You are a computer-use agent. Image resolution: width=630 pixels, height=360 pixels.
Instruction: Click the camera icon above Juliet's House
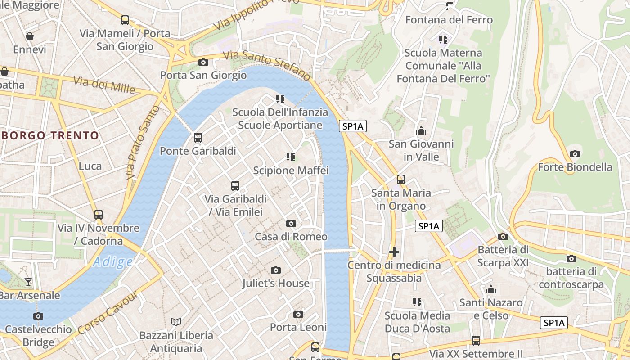(276, 270)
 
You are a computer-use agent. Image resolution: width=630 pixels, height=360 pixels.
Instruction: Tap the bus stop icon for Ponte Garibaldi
(198, 138)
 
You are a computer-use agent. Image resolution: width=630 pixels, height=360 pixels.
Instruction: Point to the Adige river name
(113, 262)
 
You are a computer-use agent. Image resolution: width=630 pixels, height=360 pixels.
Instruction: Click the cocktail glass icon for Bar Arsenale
(28, 282)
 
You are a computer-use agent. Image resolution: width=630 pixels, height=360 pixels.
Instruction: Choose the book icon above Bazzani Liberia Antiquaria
(176, 322)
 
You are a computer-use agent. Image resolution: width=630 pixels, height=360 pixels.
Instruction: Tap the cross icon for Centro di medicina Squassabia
(394, 252)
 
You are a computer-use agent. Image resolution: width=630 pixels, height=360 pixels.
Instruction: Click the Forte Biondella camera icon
(575, 154)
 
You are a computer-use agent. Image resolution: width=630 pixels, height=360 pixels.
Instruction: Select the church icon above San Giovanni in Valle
(421, 130)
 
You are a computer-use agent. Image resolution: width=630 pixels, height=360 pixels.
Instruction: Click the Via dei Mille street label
(104, 85)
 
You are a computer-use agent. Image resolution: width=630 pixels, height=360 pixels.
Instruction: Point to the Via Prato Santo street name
(143, 142)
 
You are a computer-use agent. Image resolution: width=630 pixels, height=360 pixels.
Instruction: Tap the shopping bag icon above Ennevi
(30, 36)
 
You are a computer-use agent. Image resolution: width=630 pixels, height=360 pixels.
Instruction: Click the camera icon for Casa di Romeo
(291, 223)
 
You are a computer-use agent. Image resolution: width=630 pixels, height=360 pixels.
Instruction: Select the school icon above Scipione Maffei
(291, 157)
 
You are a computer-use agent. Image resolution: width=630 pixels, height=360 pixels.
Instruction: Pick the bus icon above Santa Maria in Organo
(400, 180)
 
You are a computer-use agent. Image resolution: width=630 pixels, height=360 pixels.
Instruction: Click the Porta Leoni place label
(298, 327)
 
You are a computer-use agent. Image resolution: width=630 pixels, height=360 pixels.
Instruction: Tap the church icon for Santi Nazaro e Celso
(491, 289)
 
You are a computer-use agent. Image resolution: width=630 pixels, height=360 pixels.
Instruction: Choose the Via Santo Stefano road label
(267, 63)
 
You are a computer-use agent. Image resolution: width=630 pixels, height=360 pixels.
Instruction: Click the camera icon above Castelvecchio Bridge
(38, 316)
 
